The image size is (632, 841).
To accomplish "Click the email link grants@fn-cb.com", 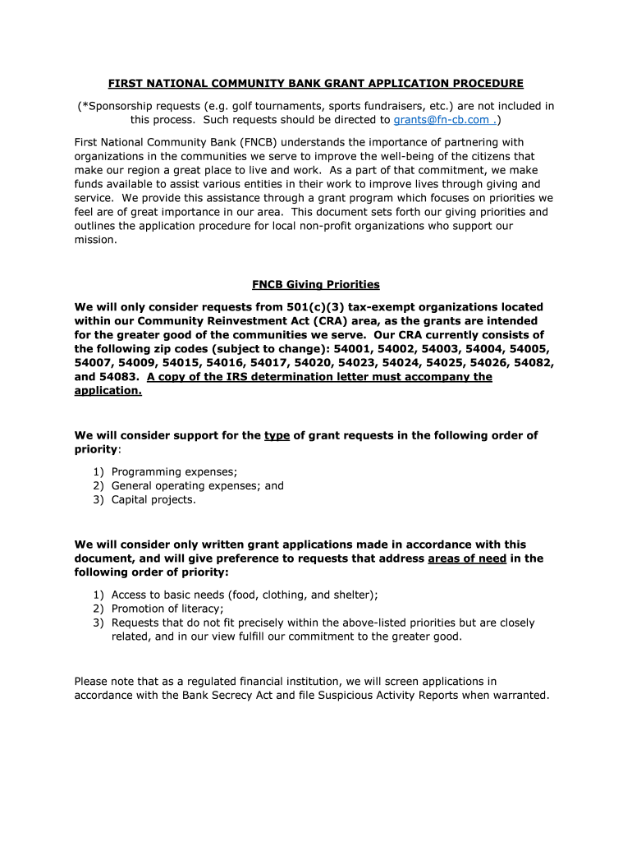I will [443, 120].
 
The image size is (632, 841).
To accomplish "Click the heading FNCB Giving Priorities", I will [316, 285].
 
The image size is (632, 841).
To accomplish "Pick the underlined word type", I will [277, 436].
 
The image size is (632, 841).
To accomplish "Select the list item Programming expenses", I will [174, 471].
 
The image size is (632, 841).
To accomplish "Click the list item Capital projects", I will [153, 499].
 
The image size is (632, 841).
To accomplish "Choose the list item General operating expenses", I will [197, 485].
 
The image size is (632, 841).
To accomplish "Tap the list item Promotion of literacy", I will [167, 609].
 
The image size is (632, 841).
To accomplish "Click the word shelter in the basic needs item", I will [354, 595].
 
